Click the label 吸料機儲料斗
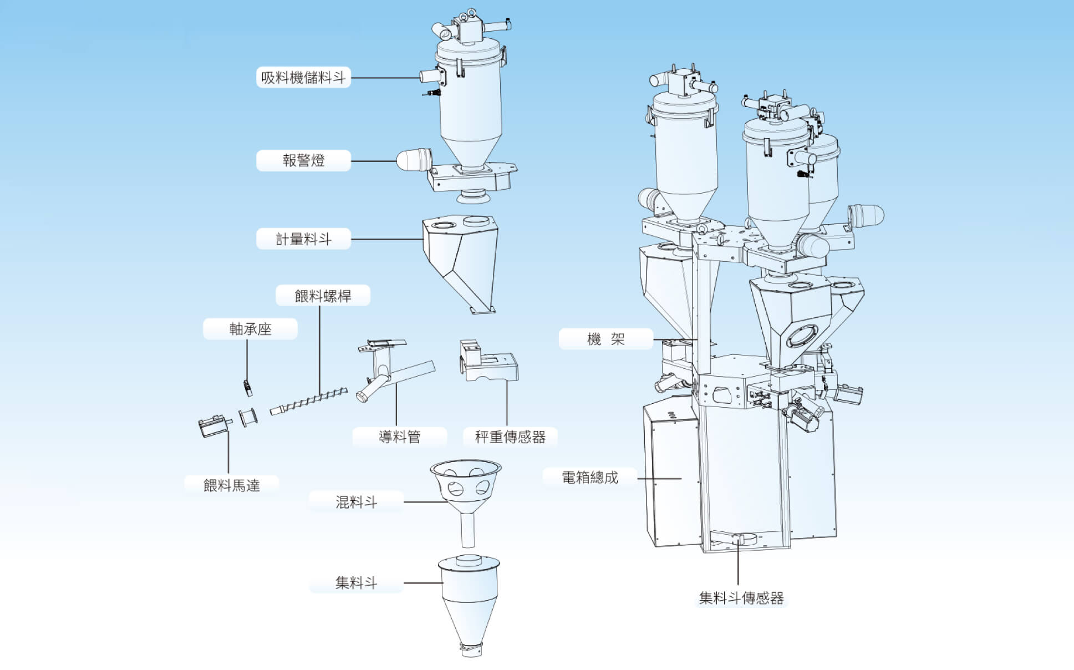[x=303, y=78]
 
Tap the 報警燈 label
[x=303, y=161]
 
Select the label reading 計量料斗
[x=303, y=239]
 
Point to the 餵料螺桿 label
[x=323, y=296]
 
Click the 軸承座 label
[x=250, y=329]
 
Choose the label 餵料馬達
[x=231, y=486]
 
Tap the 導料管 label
[x=399, y=437]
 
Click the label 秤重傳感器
[x=510, y=437]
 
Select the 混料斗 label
[x=356, y=502]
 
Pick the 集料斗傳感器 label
[x=741, y=598]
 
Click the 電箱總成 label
[x=589, y=478]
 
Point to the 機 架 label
[x=605, y=339]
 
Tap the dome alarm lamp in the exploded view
[x=413, y=160]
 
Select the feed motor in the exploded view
[x=213, y=426]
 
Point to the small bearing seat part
[x=247, y=387]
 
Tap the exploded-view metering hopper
[x=460, y=261]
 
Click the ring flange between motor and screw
[x=247, y=417]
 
